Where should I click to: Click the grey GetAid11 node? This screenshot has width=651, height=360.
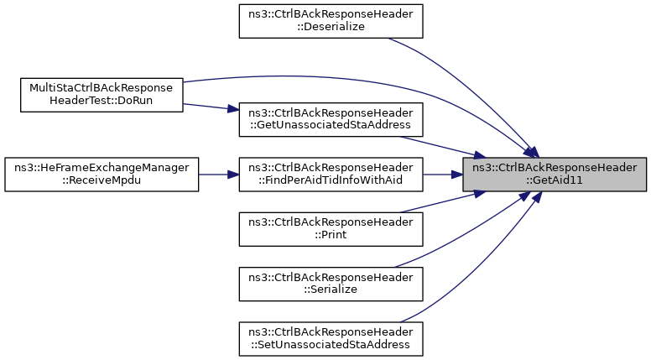(555, 175)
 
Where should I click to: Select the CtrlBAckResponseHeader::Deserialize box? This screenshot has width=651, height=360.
(331, 21)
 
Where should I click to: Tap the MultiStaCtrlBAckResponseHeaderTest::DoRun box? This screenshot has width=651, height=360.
(102, 95)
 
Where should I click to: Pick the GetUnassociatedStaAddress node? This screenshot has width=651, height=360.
(331, 120)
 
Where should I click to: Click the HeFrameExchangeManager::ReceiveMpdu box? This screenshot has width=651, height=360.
(102, 175)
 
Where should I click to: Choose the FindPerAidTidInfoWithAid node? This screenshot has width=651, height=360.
(331, 175)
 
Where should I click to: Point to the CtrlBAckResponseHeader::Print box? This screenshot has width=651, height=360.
(331, 229)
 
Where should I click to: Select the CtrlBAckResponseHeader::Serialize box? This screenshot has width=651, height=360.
(331, 284)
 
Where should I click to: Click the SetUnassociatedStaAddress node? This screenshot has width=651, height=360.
(331, 339)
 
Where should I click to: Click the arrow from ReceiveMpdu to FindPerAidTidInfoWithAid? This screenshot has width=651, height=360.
(219, 175)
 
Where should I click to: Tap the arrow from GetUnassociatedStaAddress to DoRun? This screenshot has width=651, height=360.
(211, 107)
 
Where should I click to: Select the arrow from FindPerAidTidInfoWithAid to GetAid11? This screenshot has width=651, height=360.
(443, 175)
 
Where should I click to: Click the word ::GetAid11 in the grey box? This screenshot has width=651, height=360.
(555, 180)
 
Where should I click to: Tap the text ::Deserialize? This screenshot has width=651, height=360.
(331, 27)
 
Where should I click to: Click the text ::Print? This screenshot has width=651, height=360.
(331, 235)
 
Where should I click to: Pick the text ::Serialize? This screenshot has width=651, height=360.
(331, 290)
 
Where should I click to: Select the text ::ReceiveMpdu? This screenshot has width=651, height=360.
(102, 180)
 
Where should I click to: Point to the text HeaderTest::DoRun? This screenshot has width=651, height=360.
(102, 101)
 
